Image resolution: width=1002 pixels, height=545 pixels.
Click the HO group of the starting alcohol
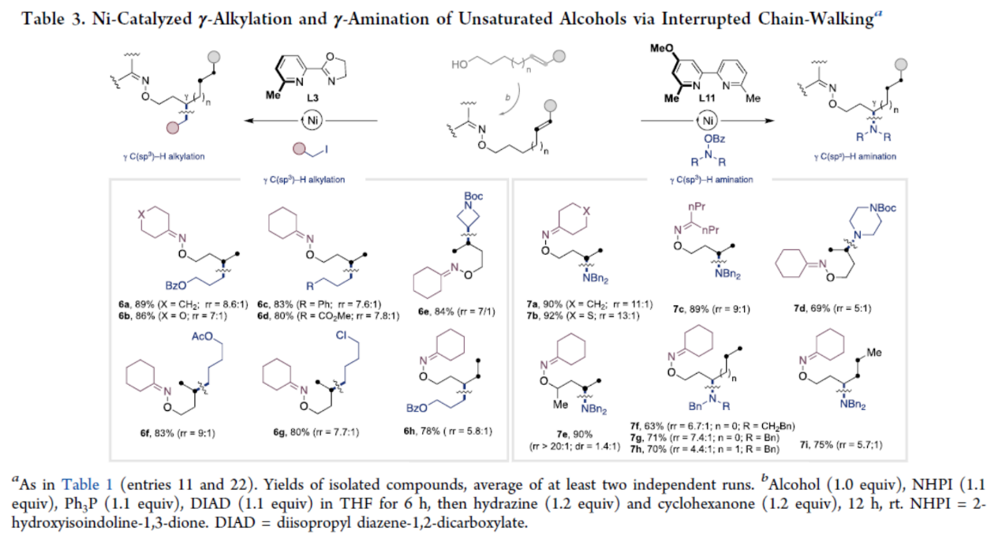pos(459,66)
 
